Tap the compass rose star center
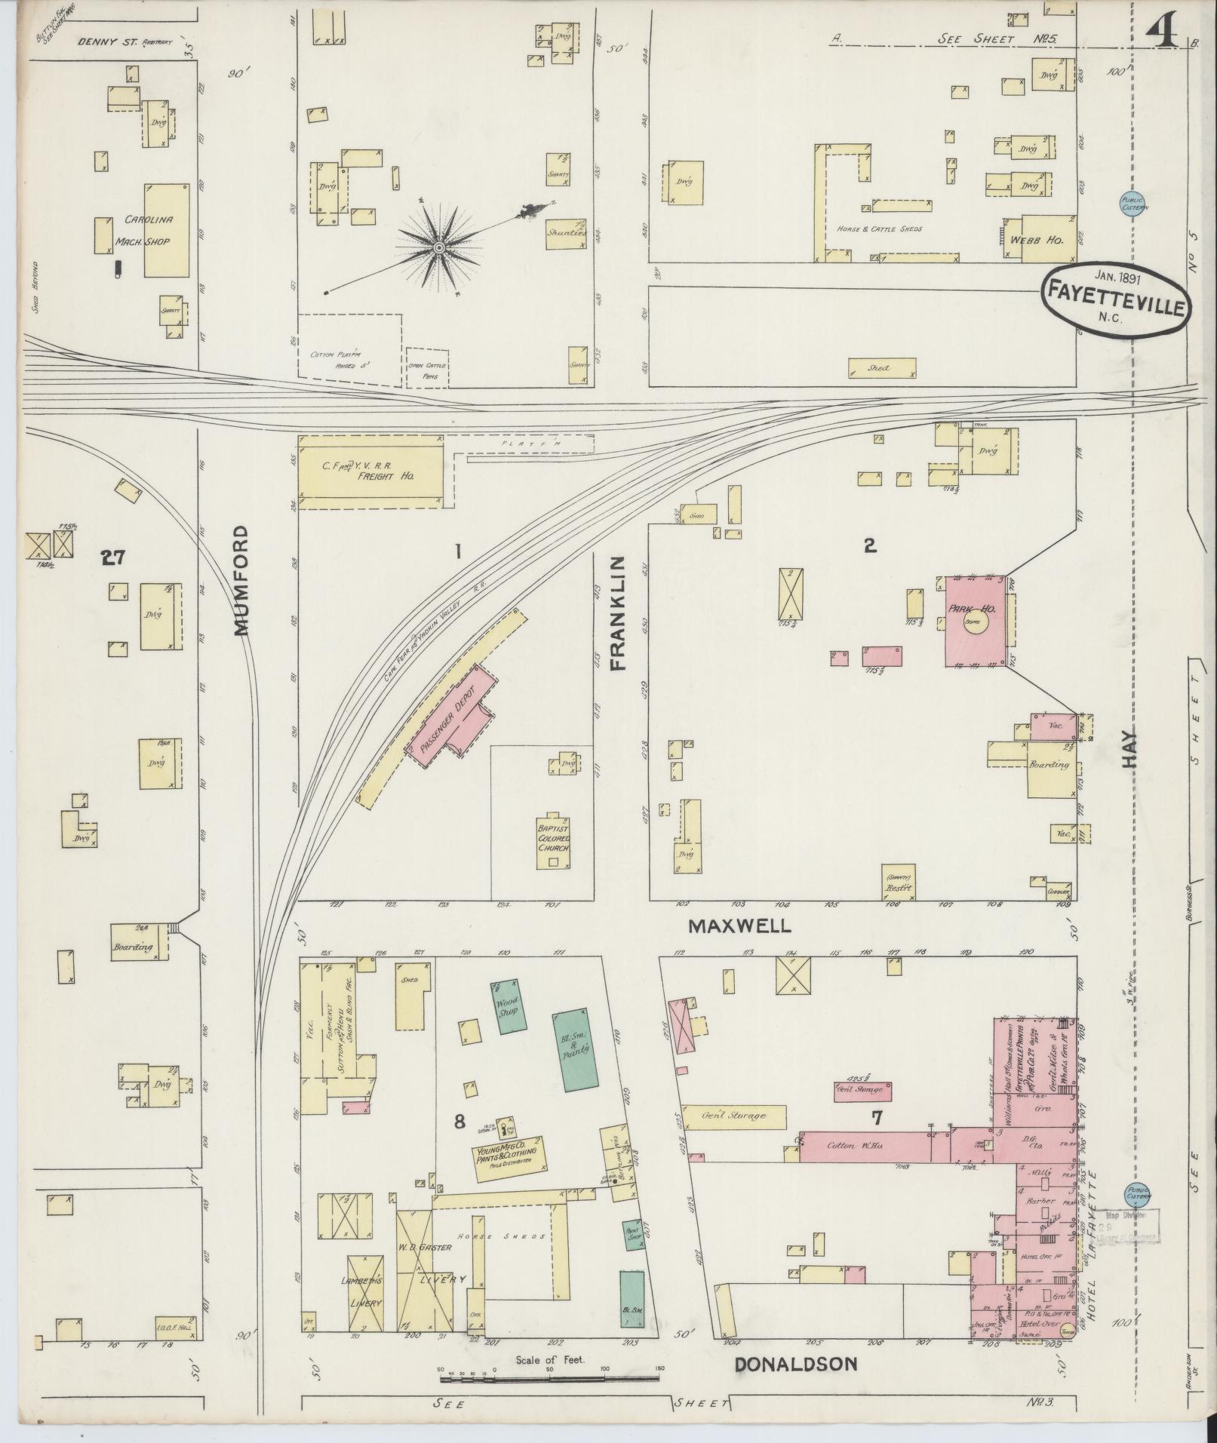point(438,247)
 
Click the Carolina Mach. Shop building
point(166,230)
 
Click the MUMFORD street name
point(241,581)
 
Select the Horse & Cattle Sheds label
point(879,229)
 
